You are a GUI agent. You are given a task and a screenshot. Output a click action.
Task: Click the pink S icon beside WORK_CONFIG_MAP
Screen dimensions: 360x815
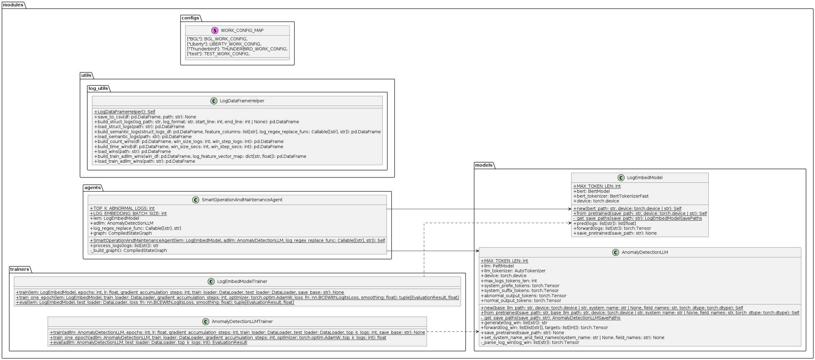[215, 30]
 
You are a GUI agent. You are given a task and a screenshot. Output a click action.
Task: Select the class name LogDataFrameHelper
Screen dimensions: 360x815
[242, 101]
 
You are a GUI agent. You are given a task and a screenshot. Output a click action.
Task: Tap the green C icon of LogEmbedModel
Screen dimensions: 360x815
[621, 178]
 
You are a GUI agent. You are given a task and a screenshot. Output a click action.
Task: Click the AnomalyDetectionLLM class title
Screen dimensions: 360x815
[644, 253]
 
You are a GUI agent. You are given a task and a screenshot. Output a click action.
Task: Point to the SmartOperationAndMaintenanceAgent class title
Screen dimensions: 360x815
[242, 200]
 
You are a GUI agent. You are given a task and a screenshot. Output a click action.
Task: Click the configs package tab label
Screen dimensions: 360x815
[190, 18]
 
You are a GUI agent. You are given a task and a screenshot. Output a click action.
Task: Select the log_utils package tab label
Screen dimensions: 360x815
[98, 88]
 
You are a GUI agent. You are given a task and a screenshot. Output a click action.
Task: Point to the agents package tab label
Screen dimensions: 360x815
[92, 188]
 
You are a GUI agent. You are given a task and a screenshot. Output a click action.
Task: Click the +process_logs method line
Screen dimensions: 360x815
[124, 246]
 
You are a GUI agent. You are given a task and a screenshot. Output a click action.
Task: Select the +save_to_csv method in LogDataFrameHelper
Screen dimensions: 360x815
[145, 117]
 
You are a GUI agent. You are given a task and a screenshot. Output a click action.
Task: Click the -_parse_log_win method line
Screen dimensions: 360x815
[530, 342]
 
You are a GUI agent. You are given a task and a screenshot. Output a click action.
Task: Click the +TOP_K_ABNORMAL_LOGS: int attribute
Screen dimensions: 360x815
[122, 209]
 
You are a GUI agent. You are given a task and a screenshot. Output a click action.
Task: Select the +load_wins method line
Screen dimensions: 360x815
[132, 151]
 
